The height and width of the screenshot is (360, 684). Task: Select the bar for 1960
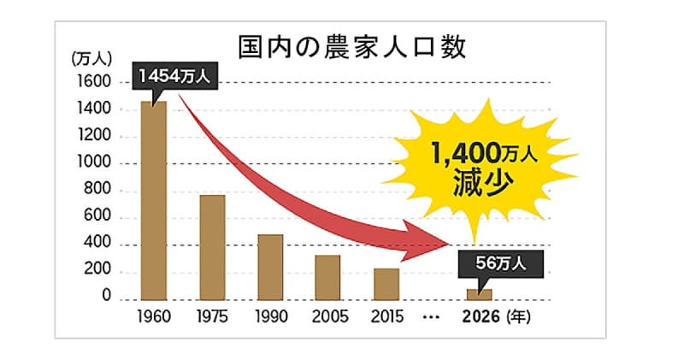click(154, 201)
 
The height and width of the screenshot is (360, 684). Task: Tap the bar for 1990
click(270, 268)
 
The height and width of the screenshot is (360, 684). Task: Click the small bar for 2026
click(479, 295)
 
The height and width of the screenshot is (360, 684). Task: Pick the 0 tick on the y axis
click(107, 298)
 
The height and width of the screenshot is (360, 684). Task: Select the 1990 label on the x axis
click(270, 317)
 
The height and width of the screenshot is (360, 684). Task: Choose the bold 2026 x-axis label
click(481, 317)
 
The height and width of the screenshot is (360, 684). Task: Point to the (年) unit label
click(519, 317)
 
